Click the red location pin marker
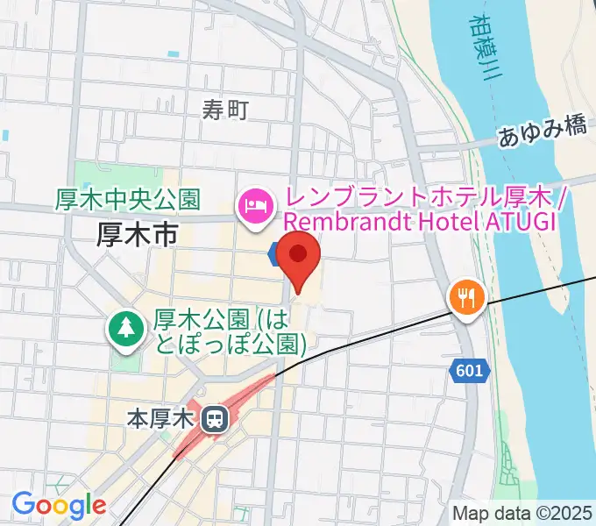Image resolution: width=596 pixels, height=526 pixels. pos(298,256)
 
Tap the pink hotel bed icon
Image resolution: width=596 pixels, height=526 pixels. pos(255,208)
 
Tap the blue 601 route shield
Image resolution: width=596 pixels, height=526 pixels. pos(469,372)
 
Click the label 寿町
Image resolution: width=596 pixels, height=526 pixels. pos(225,110)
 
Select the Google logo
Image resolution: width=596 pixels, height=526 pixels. pos(58,506)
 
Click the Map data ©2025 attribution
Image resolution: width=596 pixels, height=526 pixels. pos(522,513)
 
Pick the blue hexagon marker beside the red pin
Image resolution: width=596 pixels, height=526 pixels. pos(275,254)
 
